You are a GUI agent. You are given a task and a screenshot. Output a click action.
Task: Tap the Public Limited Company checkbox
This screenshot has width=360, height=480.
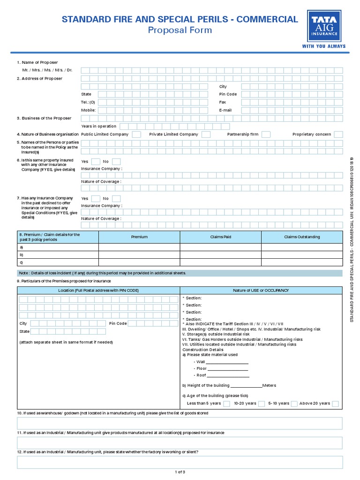point(136,135)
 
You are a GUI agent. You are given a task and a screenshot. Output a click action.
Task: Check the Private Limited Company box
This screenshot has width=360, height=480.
point(205,135)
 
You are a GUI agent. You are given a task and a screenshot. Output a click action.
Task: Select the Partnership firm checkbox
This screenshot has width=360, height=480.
point(266,135)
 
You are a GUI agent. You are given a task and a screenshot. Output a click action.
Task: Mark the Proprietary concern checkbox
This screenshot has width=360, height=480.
point(338,135)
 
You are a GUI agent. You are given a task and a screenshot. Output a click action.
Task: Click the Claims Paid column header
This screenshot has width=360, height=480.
point(220,237)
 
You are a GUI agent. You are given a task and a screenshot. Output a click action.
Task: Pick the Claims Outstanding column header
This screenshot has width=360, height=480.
point(302,237)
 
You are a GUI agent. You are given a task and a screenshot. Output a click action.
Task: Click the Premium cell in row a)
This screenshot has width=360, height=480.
point(139,247)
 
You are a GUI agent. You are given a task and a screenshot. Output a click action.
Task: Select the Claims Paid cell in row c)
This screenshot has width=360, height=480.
point(220,262)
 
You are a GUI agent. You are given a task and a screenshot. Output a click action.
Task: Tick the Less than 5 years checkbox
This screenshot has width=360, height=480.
point(226,404)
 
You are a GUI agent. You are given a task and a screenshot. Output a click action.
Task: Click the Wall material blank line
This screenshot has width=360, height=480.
point(227,362)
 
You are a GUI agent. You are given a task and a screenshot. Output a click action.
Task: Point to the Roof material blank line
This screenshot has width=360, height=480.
point(228,375)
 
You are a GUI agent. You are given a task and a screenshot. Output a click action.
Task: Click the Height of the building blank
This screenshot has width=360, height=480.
point(246,386)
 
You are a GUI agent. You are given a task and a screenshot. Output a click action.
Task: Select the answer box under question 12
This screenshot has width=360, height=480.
point(180,462)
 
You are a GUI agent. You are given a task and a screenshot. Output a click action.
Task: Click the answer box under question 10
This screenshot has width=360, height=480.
point(180,423)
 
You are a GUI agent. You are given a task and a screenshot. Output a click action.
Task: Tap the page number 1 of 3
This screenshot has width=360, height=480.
point(180,472)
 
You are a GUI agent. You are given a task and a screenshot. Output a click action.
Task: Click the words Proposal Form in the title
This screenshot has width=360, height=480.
point(180,30)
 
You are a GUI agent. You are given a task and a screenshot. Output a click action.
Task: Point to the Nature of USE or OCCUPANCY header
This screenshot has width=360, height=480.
point(261,291)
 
